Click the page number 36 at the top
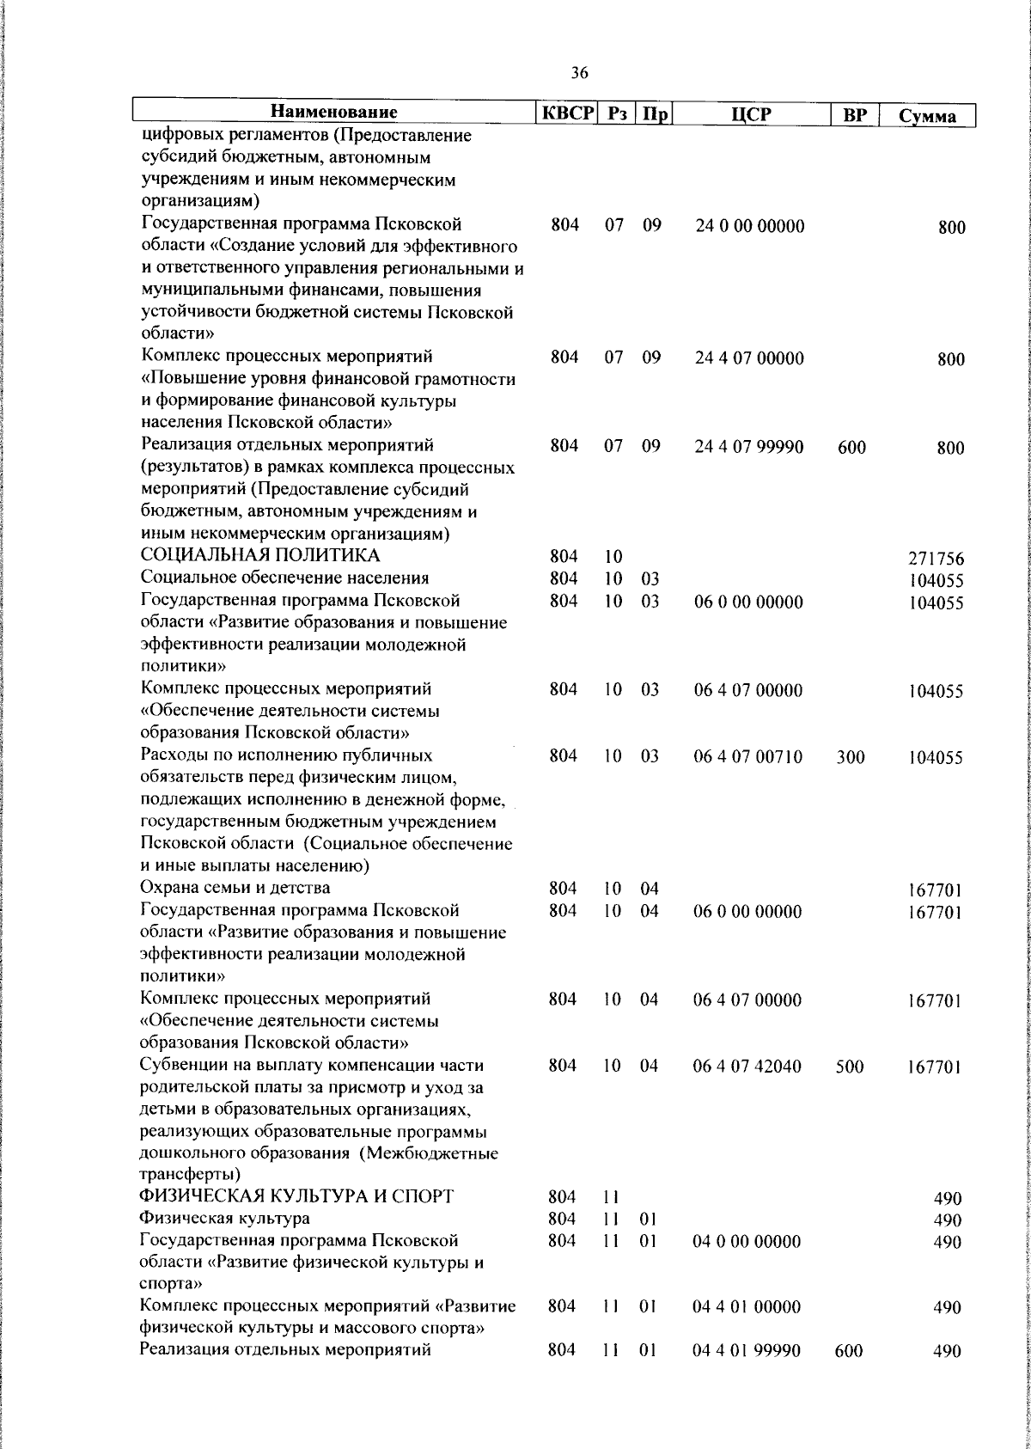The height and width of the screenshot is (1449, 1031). pos(579,73)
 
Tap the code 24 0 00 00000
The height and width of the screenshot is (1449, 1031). pos(749,227)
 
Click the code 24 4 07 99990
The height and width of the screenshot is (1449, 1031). pos(749,447)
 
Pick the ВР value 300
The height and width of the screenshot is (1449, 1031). pos(851,757)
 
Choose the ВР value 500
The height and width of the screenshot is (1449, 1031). pos(849,1067)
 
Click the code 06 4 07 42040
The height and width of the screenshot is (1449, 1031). pos(747,1067)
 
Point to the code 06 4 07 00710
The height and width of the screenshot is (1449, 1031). pos(747,756)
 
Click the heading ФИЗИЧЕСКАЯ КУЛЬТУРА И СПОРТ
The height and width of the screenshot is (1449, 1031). pos(296,1197)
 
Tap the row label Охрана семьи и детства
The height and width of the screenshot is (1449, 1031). pos(235,888)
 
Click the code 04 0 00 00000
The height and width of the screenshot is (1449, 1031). pos(747,1241)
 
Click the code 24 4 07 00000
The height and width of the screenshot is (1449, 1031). pos(749,358)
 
